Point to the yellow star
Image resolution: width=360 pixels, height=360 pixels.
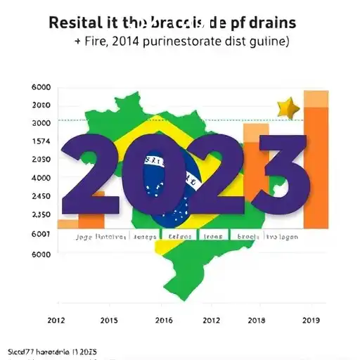pos(288,108)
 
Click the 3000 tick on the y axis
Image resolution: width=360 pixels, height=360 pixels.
pos(41,123)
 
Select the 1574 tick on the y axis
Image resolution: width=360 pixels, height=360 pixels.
pos(41,141)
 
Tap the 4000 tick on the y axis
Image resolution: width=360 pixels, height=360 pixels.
pos(41,178)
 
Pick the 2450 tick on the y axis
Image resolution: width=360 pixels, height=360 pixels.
pos(41,196)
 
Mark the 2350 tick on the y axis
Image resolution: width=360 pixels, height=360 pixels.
pos(41,215)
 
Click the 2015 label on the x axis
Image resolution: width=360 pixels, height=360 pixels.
pos(108,320)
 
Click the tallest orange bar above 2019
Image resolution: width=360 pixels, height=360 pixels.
pos(316,162)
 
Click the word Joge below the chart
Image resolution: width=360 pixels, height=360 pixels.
pos(84,238)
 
